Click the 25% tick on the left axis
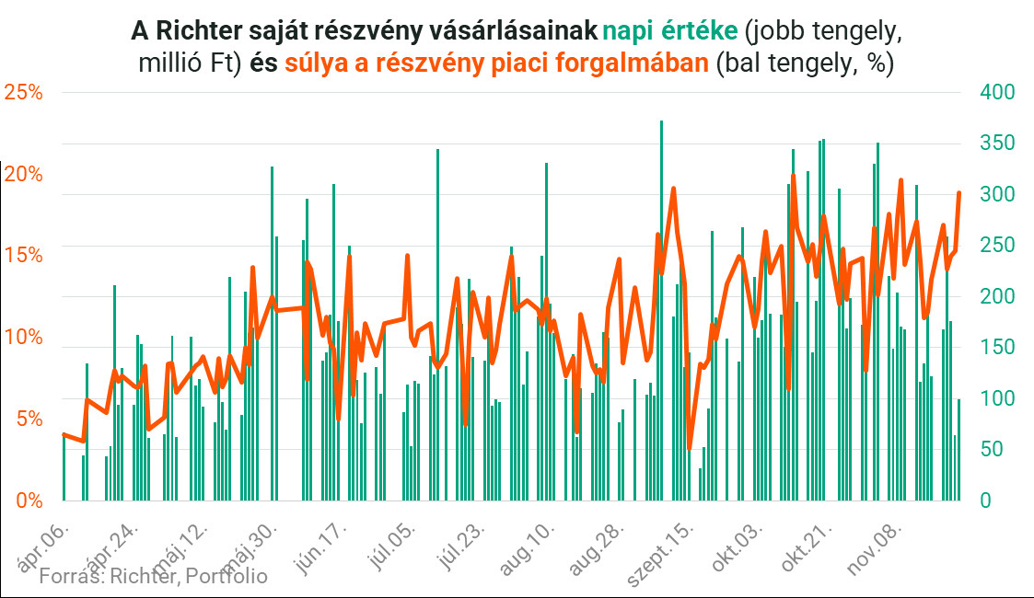tap(24, 92)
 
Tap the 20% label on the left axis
tap(24, 174)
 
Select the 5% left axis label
tap(29, 420)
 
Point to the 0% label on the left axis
tap(29, 501)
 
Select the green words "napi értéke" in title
tap(669, 31)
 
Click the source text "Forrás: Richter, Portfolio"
tap(154, 577)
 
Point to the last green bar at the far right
tap(958, 450)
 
